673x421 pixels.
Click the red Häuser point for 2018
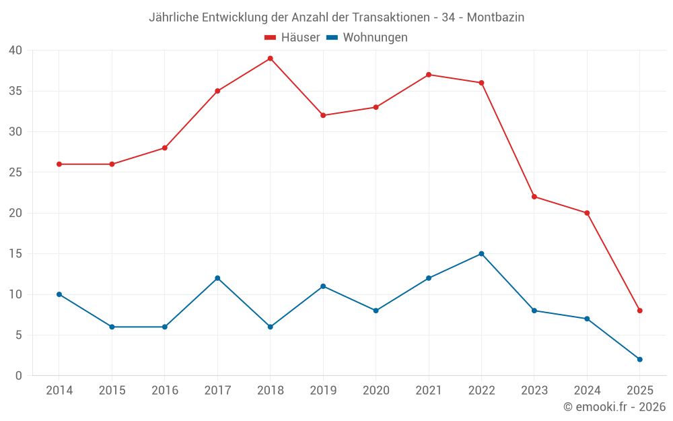[270, 59]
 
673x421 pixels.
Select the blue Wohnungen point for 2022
[481, 254]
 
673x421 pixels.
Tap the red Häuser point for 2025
[639, 311]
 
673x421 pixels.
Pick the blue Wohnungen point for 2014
[59, 294]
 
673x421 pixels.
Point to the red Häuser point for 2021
[429, 75]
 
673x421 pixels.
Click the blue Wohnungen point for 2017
[217, 278]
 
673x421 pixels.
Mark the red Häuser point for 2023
[534, 197]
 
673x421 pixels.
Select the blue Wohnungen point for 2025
[639, 360]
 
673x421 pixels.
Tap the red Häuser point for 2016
[165, 148]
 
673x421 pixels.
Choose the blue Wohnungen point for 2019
[323, 286]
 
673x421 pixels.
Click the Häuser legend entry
[292, 38]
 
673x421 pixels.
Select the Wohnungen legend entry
[367, 38]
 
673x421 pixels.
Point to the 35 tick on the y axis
[15, 91]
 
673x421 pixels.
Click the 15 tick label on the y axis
[15, 254]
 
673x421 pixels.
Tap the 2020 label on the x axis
[376, 391]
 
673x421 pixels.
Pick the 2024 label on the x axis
[587, 391]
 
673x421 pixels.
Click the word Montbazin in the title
[495, 18]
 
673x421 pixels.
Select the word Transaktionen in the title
[391, 18]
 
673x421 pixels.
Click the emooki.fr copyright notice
[614, 407]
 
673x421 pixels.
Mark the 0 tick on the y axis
[19, 376]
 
